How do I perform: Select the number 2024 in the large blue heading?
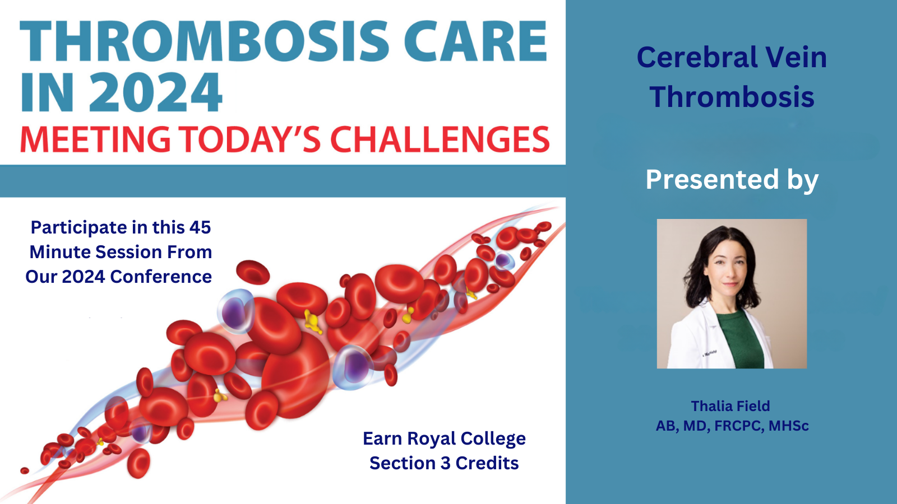pyautogui.click(x=155, y=93)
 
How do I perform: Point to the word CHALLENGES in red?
pyautogui.click(x=440, y=139)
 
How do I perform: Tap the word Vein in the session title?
pyautogui.click(x=796, y=58)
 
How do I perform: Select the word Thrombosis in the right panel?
pyautogui.click(x=732, y=97)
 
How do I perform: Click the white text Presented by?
pyautogui.click(x=732, y=180)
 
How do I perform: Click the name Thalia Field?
pyautogui.click(x=730, y=406)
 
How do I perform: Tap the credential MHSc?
pyautogui.click(x=788, y=426)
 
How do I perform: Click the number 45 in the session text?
pyautogui.click(x=200, y=227)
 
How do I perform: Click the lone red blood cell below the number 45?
pyautogui.click(x=253, y=272)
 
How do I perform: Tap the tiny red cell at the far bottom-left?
pyautogui.click(x=25, y=470)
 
